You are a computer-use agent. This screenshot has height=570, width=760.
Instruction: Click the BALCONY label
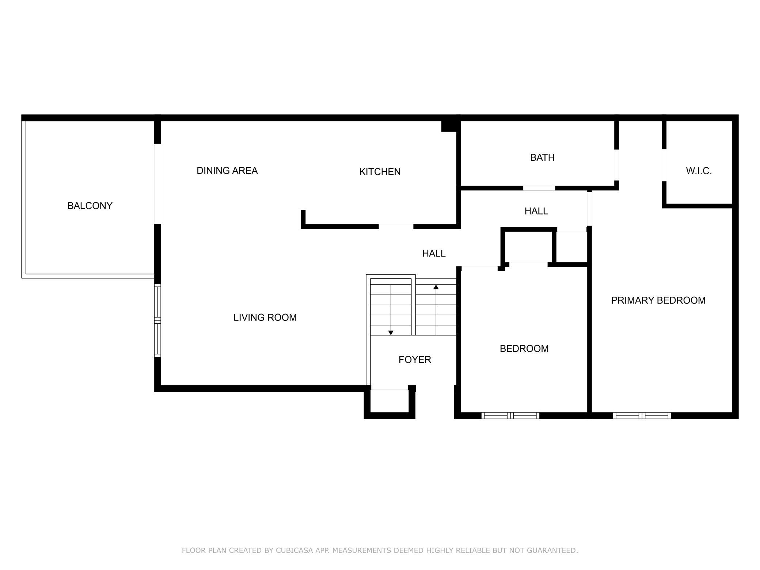[x=90, y=206]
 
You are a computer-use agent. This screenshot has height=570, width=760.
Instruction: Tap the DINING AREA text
[x=227, y=171]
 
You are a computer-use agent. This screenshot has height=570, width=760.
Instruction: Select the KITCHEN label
[x=380, y=172]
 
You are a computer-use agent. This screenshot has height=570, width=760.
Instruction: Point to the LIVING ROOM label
[x=265, y=318]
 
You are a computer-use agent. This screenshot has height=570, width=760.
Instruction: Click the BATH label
[x=542, y=157]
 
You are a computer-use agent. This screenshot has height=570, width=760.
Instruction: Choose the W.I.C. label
[x=699, y=171]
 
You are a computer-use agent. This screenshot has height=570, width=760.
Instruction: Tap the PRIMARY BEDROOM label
[x=658, y=300]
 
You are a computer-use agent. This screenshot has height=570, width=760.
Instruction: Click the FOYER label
[x=415, y=360]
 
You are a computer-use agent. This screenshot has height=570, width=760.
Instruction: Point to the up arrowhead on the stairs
[x=436, y=287]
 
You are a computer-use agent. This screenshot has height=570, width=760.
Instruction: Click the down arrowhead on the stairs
[x=391, y=332]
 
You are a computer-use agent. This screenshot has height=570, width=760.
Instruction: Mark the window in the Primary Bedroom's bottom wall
[x=642, y=415]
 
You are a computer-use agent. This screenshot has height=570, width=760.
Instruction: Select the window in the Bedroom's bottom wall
[x=510, y=415]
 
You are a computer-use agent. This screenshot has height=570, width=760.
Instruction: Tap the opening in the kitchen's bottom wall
[x=396, y=227]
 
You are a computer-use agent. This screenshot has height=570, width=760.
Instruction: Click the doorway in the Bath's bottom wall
[x=539, y=188]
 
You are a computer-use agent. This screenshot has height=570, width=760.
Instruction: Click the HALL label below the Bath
[x=536, y=211]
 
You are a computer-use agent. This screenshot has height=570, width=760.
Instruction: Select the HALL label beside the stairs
[x=434, y=254]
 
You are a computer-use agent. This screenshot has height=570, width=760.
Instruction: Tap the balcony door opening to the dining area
[x=157, y=184]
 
